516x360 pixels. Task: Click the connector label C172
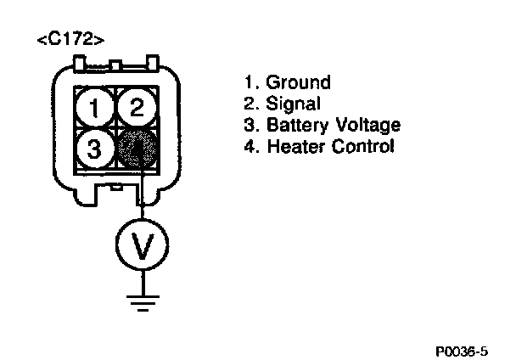[71, 41]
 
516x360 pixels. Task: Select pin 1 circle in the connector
[96, 107]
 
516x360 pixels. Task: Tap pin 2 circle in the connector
[135, 107]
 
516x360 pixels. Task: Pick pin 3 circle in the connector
[96, 148]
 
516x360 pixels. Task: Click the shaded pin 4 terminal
[136, 148]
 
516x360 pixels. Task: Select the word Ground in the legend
[299, 83]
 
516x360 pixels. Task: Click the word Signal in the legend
[294, 104]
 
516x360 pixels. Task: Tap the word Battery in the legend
[296, 126]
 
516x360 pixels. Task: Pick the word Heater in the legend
[294, 147]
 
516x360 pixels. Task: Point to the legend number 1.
[248, 83]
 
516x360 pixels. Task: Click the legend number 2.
[248, 104]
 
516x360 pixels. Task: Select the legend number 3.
[248, 126]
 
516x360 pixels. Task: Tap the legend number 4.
[248, 147]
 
